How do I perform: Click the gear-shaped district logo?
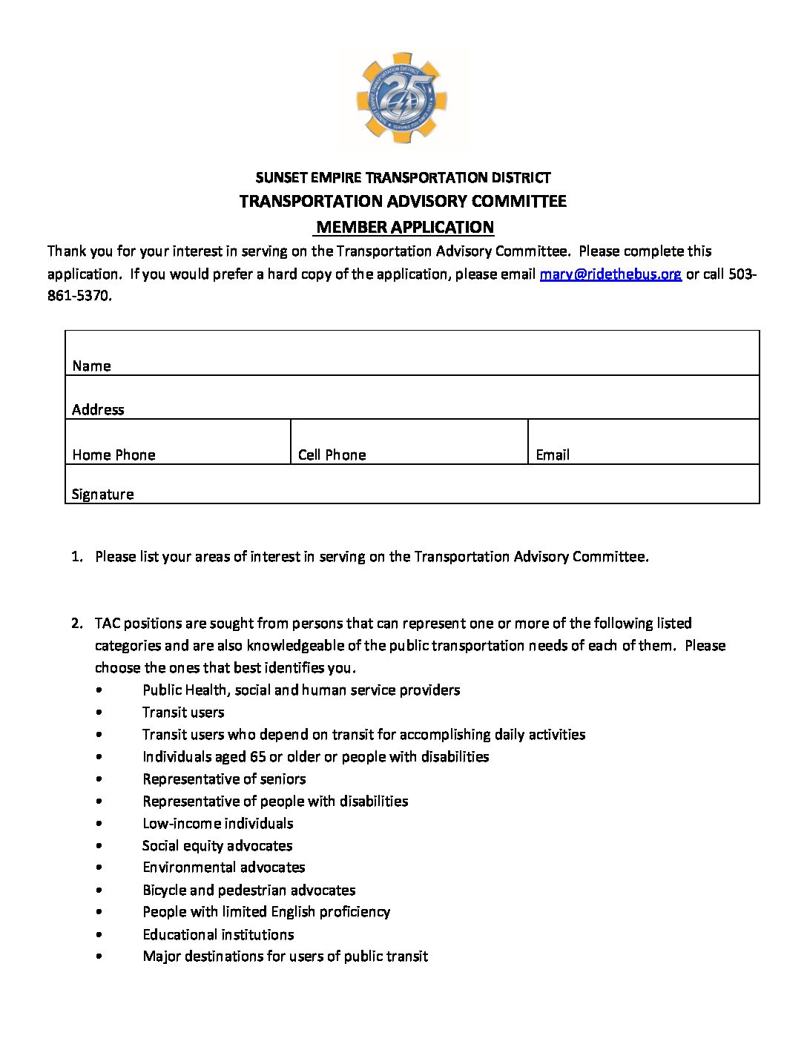click(403, 98)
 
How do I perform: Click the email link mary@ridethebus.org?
click(610, 274)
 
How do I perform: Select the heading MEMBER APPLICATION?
click(405, 227)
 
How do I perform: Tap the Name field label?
click(92, 366)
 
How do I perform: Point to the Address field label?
click(98, 409)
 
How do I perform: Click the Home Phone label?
click(114, 455)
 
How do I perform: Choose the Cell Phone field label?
click(332, 455)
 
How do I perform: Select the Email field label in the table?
click(553, 455)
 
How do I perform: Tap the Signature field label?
click(103, 494)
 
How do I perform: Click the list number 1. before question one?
click(77, 556)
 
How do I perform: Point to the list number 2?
click(77, 623)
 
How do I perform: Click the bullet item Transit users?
click(183, 712)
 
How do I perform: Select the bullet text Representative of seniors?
click(224, 779)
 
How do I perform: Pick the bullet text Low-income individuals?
click(218, 823)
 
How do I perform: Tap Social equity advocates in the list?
click(217, 845)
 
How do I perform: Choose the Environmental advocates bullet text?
click(224, 867)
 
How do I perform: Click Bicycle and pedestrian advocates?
click(249, 890)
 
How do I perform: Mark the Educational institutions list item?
click(219, 934)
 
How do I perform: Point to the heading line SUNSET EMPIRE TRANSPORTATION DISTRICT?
click(403, 177)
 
